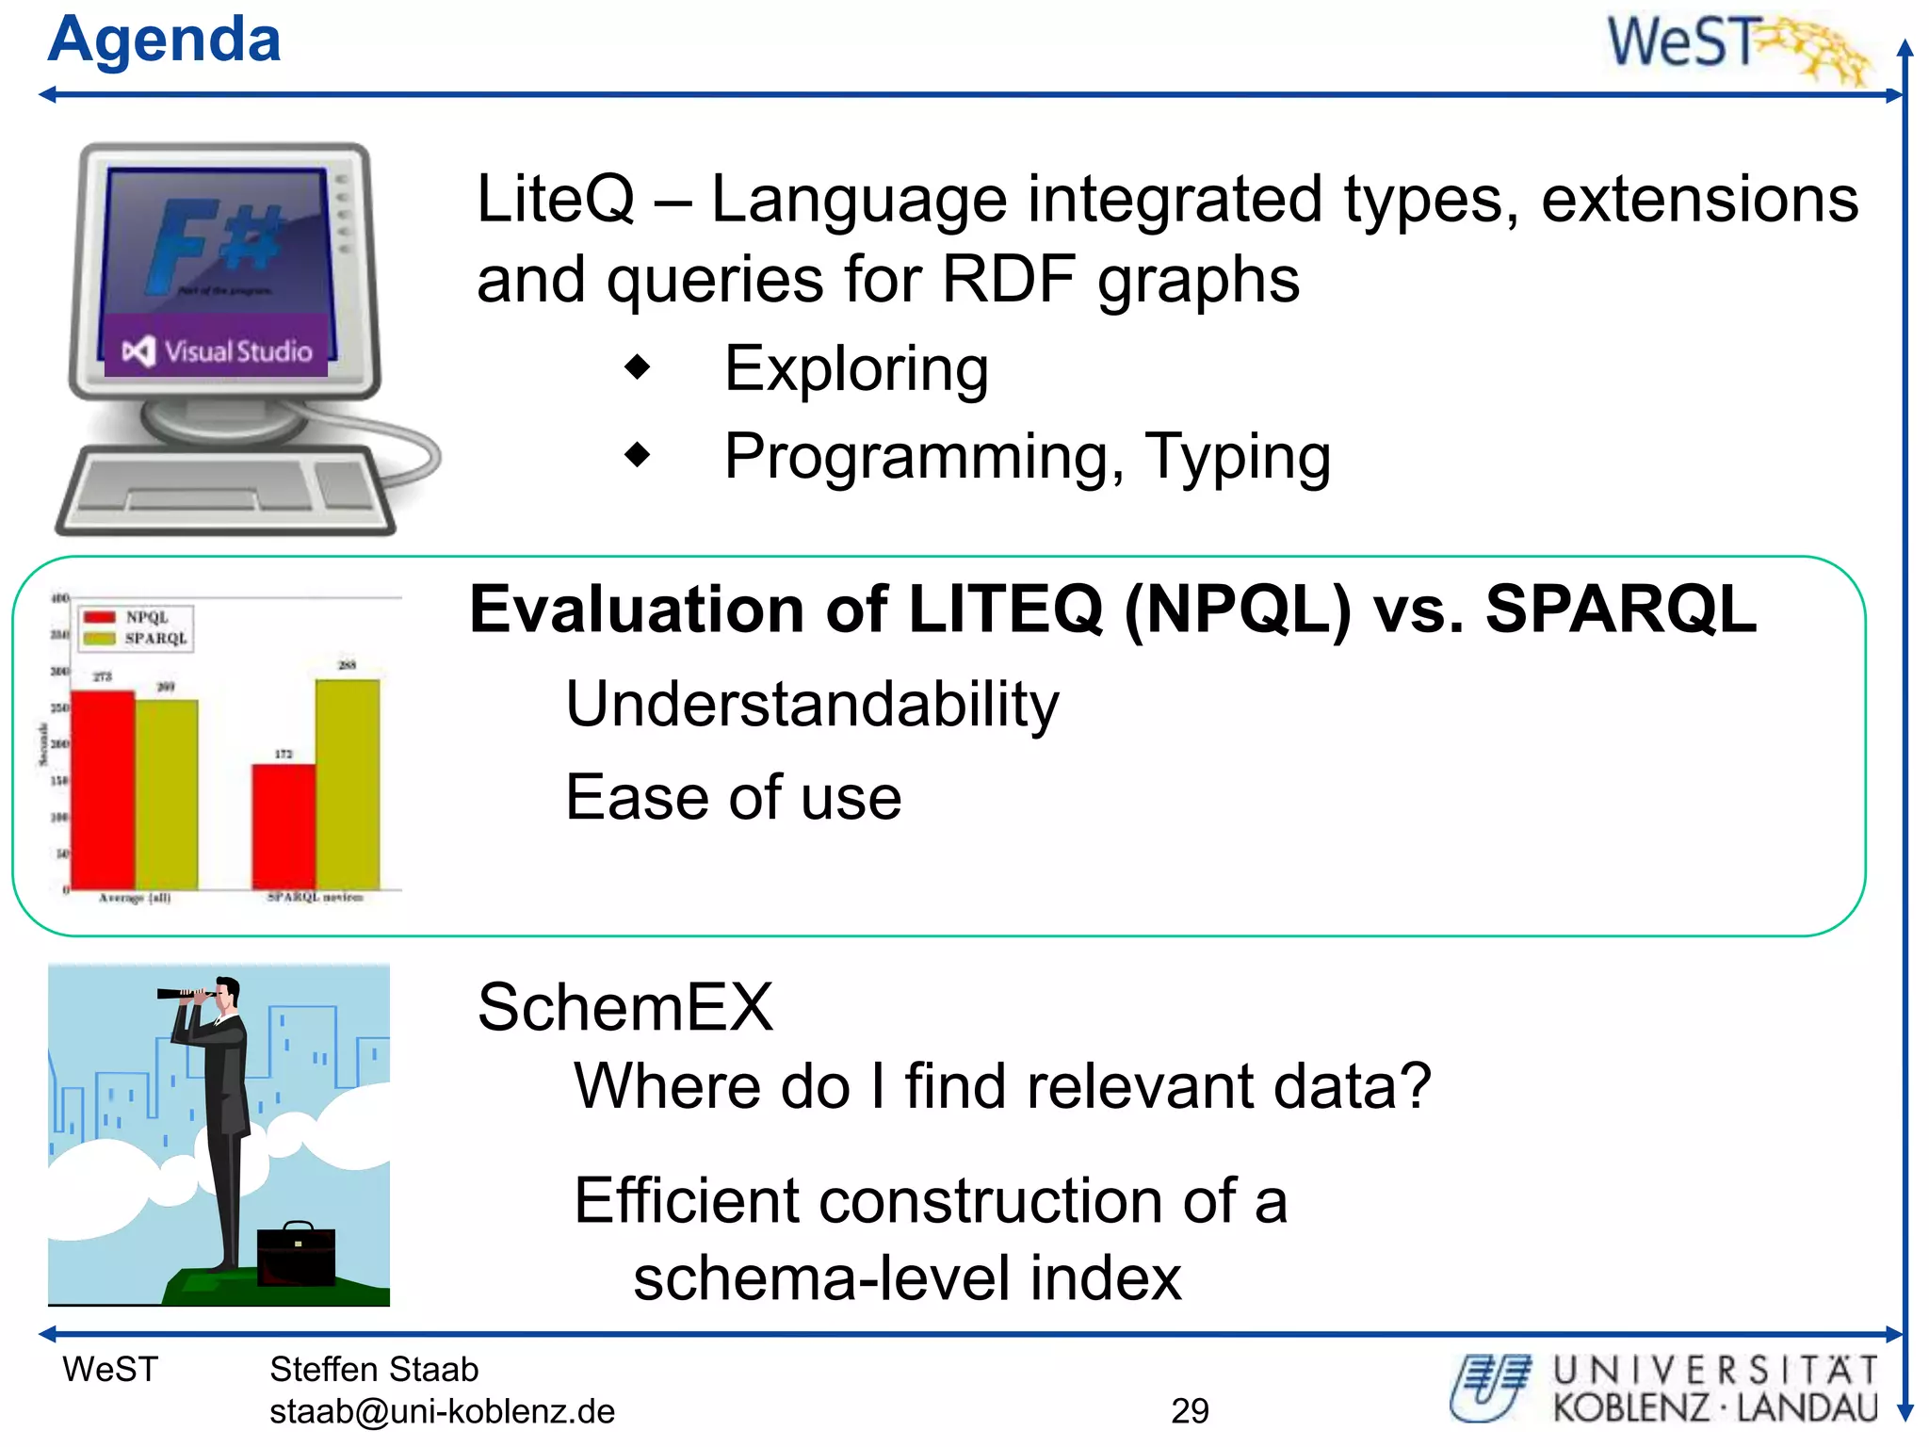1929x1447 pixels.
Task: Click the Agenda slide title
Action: click(164, 40)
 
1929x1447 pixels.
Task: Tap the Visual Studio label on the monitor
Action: click(219, 351)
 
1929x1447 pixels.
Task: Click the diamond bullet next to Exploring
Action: click(638, 366)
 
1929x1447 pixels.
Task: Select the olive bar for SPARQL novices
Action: click(348, 784)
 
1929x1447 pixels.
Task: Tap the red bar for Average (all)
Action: click(103, 789)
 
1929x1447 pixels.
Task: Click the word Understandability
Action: click(812, 704)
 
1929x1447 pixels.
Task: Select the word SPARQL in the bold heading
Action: click(1620, 610)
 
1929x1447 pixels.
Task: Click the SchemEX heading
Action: click(624, 1007)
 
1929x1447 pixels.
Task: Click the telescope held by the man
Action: click(186, 994)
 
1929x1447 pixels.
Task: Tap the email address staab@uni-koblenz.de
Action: click(442, 1411)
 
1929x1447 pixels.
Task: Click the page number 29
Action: click(1190, 1410)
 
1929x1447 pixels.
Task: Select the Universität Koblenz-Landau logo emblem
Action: click(1489, 1387)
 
